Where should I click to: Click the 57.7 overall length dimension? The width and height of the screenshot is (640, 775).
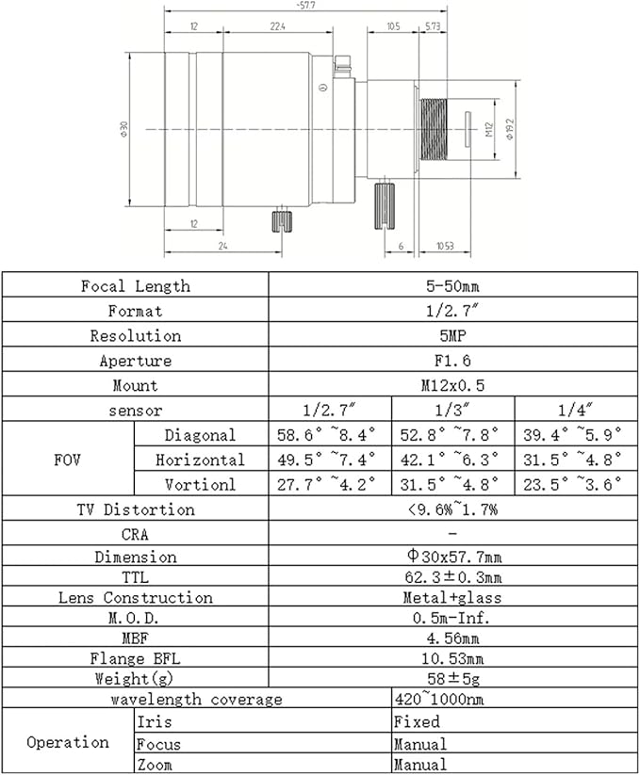point(305,6)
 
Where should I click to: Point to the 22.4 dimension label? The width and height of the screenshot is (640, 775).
point(277,26)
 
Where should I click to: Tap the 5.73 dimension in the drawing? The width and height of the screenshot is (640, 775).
point(433,26)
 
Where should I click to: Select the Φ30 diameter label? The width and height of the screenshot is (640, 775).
point(123,129)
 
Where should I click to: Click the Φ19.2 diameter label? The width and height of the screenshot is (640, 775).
point(510,129)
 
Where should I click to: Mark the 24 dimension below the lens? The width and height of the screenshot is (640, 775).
point(223,246)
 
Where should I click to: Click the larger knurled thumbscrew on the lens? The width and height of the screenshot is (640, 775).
point(385,206)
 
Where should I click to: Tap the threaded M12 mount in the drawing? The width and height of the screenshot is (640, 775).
point(434,129)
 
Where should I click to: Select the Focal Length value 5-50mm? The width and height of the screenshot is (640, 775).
point(452,285)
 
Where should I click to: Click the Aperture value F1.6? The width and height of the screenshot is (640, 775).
point(452,361)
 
